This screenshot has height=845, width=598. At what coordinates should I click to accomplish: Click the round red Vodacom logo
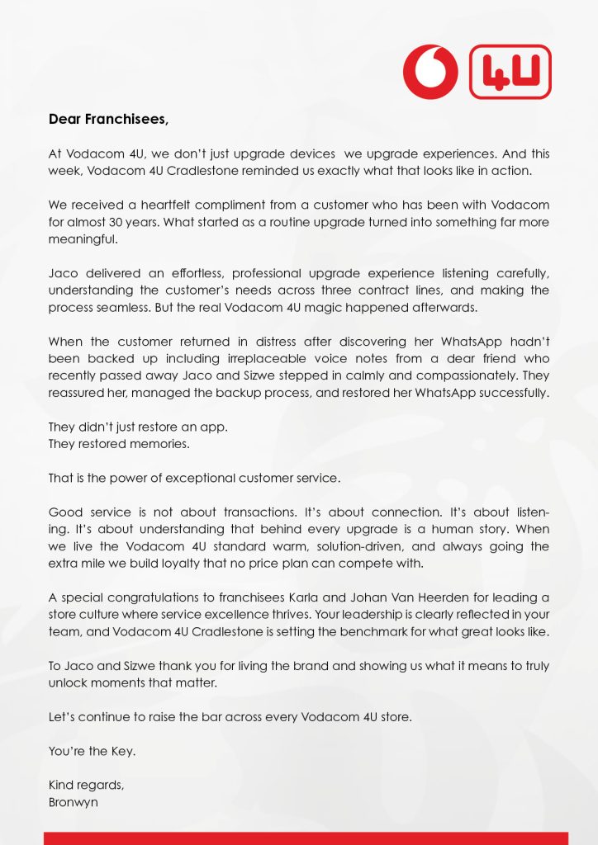point(430,73)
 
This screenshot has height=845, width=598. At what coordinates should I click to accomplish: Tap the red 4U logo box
point(510,73)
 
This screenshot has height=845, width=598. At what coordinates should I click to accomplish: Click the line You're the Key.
point(91,752)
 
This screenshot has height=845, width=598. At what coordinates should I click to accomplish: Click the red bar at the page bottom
point(306,838)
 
